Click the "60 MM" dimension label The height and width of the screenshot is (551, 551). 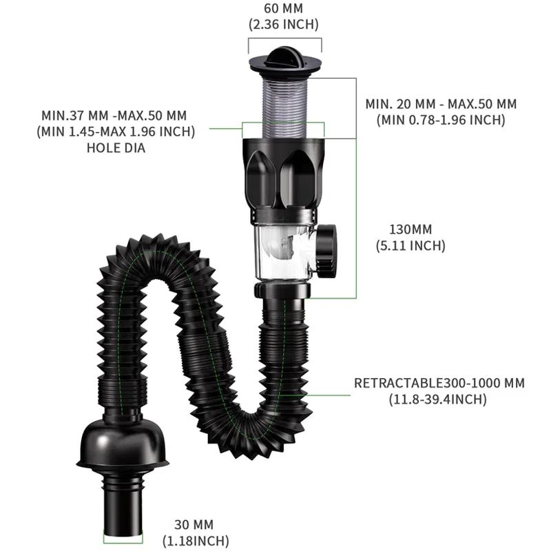click(x=282, y=9)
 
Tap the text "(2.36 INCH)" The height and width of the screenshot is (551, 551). click(x=282, y=25)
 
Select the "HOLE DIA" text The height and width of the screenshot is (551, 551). click(x=116, y=147)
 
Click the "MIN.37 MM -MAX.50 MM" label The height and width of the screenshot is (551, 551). click(x=114, y=115)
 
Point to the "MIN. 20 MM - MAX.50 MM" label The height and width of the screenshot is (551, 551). click(x=441, y=104)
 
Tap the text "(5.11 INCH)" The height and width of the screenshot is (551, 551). click(x=410, y=245)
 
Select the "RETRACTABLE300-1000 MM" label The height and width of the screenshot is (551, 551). click(x=439, y=383)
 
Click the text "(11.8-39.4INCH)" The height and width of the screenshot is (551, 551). click(x=439, y=399)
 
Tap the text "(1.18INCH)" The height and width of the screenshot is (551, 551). click(x=196, y=541)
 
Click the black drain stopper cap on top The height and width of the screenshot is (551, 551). click(x=284, y=59)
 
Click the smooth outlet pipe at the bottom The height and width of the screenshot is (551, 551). click(x=123, y=506)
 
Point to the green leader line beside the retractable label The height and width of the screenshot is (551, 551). click(x=329, y=395)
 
